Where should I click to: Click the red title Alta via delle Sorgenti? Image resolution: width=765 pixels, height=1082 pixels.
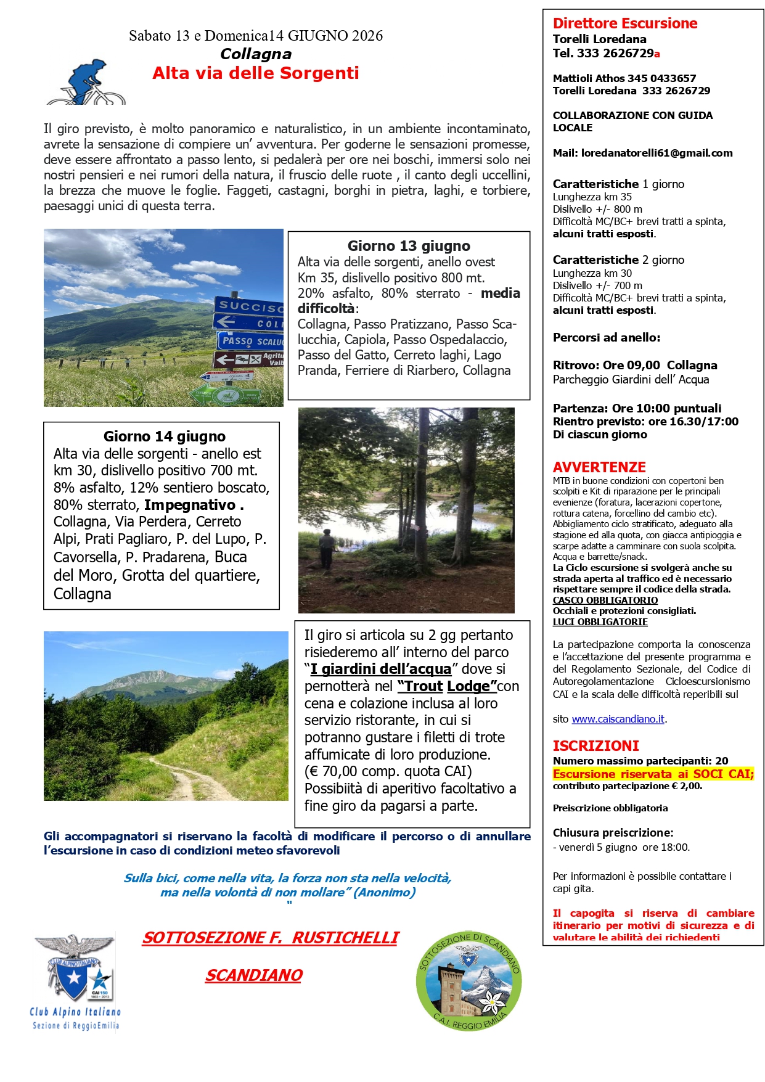pos(256,73)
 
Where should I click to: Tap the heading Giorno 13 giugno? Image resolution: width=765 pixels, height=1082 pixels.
pos(409,246)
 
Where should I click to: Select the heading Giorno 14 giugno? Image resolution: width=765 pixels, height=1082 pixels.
pos(165,436)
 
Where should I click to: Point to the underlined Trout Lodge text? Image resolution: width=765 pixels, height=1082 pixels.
pos(447,686)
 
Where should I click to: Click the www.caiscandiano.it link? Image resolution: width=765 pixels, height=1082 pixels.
pos(618,719)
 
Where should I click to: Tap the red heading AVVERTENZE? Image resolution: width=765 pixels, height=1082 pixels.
pos(599,467)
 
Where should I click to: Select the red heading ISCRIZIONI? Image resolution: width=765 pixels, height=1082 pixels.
pos(595,745)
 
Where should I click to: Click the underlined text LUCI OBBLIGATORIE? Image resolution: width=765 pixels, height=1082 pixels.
pos(600,622)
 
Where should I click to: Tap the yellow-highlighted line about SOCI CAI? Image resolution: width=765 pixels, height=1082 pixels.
pos(653,774)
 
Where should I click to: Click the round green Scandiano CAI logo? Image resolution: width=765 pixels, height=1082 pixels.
pos(470,980)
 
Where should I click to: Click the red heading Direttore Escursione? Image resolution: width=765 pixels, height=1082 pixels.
pos(625,23)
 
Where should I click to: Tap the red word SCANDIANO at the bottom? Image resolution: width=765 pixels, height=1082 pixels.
pos(254,975)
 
